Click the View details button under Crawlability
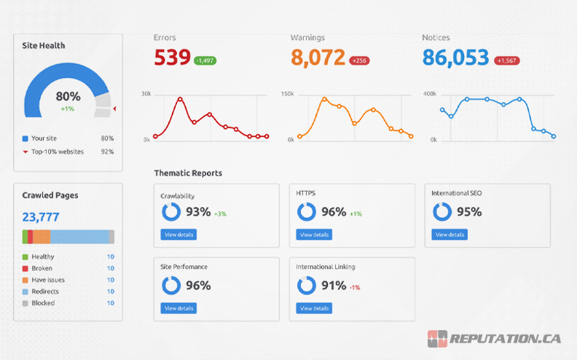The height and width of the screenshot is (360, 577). tap(178, 235)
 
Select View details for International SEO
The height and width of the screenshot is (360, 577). tap(450, 235)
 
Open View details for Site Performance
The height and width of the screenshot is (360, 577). tap(178, 308)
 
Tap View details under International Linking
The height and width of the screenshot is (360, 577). tap(314, 308)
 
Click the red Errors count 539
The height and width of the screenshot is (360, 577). tap(172, 58)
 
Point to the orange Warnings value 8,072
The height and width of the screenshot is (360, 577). tap(318, 58)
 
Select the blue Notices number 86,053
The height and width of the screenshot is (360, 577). tap(455, 58)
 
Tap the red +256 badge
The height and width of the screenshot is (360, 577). tap(359, 60)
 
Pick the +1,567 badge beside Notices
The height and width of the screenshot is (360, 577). tap(507, 60)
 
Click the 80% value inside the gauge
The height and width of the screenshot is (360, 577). tap(68, 96)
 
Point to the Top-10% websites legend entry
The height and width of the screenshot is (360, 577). tap(57, 152)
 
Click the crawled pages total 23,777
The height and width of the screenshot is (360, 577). tap(41, 216)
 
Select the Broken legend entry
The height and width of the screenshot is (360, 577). tap(42, 268)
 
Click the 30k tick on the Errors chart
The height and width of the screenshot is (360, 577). tap(146, 94)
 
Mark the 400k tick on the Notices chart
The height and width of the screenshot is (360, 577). tap(429, 94)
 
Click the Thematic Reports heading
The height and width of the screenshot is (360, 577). tap(188, 173)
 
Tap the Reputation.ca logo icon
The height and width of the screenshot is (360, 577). tap(437, 339)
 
